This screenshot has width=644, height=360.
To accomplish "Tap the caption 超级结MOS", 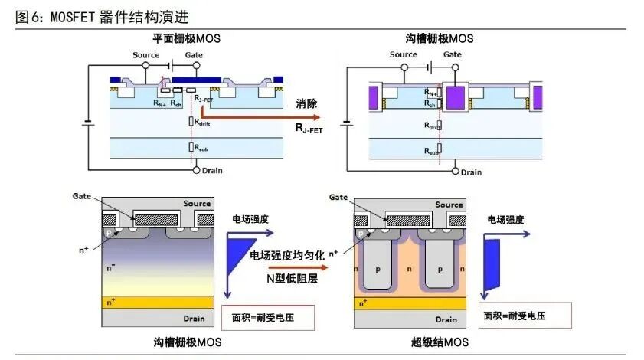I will pos(440,342).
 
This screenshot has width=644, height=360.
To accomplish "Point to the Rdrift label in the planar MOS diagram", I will pos(203,122).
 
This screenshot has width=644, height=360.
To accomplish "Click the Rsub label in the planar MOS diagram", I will pos(201,147).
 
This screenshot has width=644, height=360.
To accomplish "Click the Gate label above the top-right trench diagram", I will pos(453,54).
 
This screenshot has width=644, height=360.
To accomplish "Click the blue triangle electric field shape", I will pos(242,254).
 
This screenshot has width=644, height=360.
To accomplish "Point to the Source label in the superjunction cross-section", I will pos(449,205).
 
